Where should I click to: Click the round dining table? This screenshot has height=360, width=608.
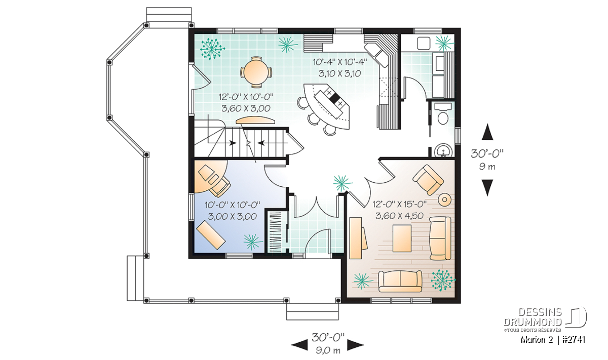(x=256, y=72)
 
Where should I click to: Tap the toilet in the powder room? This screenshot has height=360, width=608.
(x=443, y=113)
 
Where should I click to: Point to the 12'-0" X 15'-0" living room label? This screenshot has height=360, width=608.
(x=399, y=204)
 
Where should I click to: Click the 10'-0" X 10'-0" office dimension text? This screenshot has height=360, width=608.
(x=233, y=205)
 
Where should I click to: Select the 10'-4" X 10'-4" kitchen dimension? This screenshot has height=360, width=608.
(x=340, y=62)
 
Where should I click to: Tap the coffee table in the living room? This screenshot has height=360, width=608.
(x=402, y=238)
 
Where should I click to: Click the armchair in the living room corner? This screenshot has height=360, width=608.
(x=428, y=180)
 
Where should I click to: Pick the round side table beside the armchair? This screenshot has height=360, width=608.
(x=445, y=199)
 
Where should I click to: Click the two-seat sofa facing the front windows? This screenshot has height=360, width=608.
(x=400, y=281)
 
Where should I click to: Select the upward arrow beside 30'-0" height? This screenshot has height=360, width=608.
(x=487, y=132)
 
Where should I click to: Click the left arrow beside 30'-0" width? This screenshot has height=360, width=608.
(x=299, y=345)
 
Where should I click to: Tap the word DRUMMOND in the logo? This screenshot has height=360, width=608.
(x=533, y=322)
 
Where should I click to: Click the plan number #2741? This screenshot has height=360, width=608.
(x=574, y=340)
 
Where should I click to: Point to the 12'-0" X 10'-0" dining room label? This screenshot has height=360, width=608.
(x=246, y=97)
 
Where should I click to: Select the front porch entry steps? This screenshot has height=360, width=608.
(x=313, y=311)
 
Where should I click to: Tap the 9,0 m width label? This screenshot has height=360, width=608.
(x=328, y=350)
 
